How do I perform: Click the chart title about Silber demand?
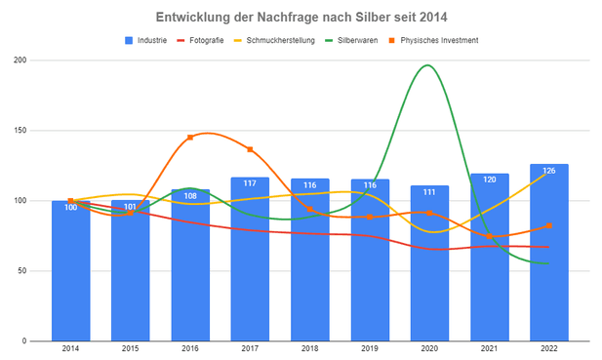tap(301, 18)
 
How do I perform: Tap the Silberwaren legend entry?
tap(362, 40)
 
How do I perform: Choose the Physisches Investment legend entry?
tap(436, 40)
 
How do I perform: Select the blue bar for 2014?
tap(71, 273)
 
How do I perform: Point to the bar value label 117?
tap(251, 183)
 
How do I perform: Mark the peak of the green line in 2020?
tap(427, 65)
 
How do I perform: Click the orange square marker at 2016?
tap(190, 138)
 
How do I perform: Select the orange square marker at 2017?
tap(251, 149)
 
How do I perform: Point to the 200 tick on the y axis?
tap(20, 60)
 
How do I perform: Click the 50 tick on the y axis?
tap(21, 271)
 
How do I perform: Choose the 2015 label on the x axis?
tap(131, 348)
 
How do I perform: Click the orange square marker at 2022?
tap(549, 225)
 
